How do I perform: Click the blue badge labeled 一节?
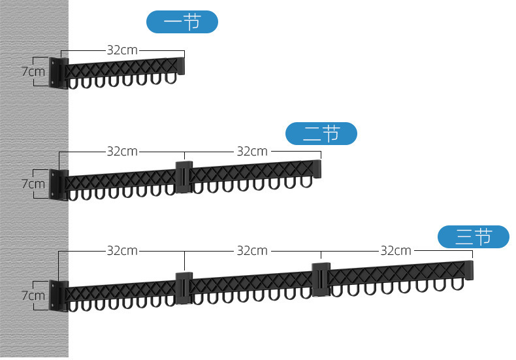point(182,22)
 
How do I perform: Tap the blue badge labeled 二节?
point(321,134)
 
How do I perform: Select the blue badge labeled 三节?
point(473,237)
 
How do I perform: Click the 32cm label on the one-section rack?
point(122,50)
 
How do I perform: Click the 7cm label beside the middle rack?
point(33,184)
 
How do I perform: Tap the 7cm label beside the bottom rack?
point(33,295)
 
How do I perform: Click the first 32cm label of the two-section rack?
point(122,152)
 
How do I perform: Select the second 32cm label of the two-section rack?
point(252,152)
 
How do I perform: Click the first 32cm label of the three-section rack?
point(122,250)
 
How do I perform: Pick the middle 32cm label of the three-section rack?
point(252,250)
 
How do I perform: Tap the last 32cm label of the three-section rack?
point(396,250)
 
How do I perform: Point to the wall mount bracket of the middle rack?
point(59,185)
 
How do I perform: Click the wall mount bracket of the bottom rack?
point(59,296)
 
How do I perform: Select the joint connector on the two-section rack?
point(184,176)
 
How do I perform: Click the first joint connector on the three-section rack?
point(184,287)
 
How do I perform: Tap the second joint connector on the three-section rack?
point(321,280)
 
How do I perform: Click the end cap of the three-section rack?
point(468,270)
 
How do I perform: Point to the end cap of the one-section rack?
point(181,65)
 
